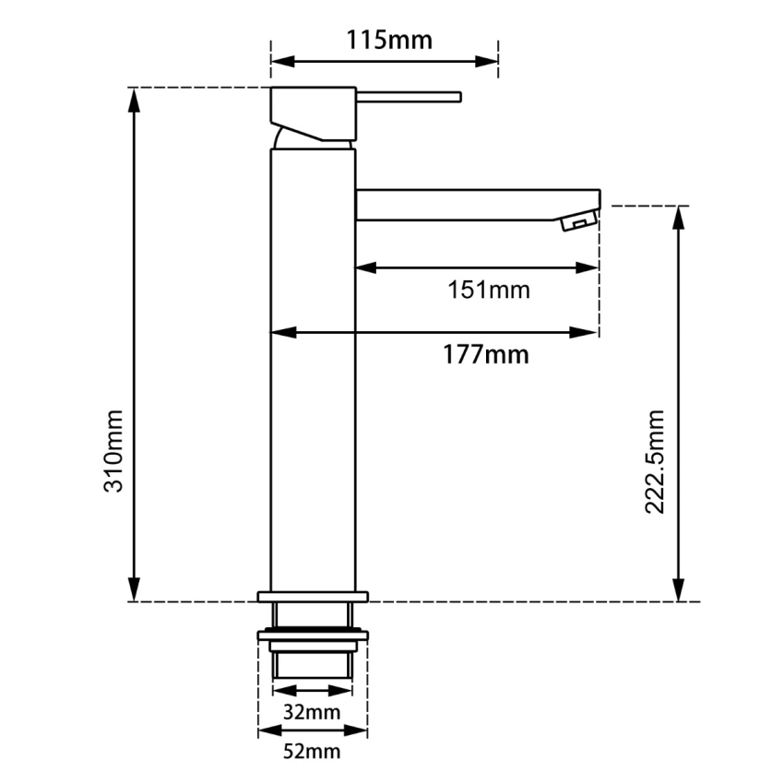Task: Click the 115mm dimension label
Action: tap(388, 41)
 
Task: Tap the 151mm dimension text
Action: tap(489, 290)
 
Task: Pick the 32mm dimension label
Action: tap(312, 712)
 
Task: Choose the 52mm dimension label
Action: tap(312, 752)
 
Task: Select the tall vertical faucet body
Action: tap(313, 369)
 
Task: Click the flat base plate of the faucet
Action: tap(313, 596)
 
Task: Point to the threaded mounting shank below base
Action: tap(313, 655)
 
